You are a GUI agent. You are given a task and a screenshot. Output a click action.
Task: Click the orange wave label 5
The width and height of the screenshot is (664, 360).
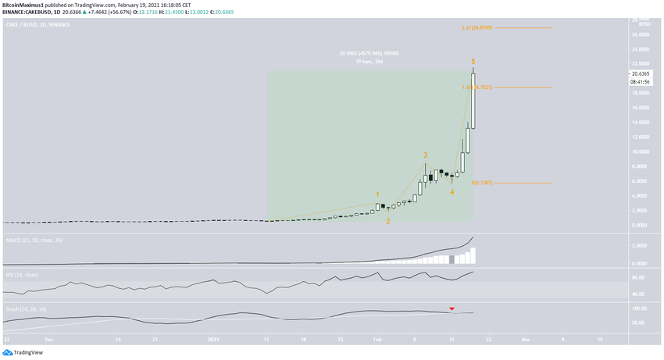coord(473,61)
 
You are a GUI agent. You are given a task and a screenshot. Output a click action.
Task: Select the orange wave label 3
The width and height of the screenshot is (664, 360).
coord(425,155)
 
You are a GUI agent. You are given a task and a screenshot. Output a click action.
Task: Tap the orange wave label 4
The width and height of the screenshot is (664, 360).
coord(452,191)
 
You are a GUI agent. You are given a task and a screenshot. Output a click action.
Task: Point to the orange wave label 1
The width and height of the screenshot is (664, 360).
coord(377,194)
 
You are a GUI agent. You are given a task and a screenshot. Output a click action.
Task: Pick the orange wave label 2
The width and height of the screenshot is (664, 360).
coord(388,221)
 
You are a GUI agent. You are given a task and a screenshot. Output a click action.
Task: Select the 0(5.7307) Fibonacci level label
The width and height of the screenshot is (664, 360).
coord(481,183)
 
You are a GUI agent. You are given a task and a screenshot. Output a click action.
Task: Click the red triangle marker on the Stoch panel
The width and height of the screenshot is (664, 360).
coord(451,309)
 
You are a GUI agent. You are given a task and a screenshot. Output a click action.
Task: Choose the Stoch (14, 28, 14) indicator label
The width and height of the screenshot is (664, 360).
coord(25,310)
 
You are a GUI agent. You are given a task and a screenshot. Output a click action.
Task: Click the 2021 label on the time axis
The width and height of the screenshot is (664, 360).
coord(212,340)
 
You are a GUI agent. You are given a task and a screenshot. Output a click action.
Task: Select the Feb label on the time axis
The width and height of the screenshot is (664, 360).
coord(377,340)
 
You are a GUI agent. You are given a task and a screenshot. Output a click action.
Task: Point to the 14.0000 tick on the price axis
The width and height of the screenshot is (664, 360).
coord(643,123)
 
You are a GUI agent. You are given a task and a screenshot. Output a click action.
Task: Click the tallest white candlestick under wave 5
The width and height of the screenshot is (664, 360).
coord(473,101)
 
